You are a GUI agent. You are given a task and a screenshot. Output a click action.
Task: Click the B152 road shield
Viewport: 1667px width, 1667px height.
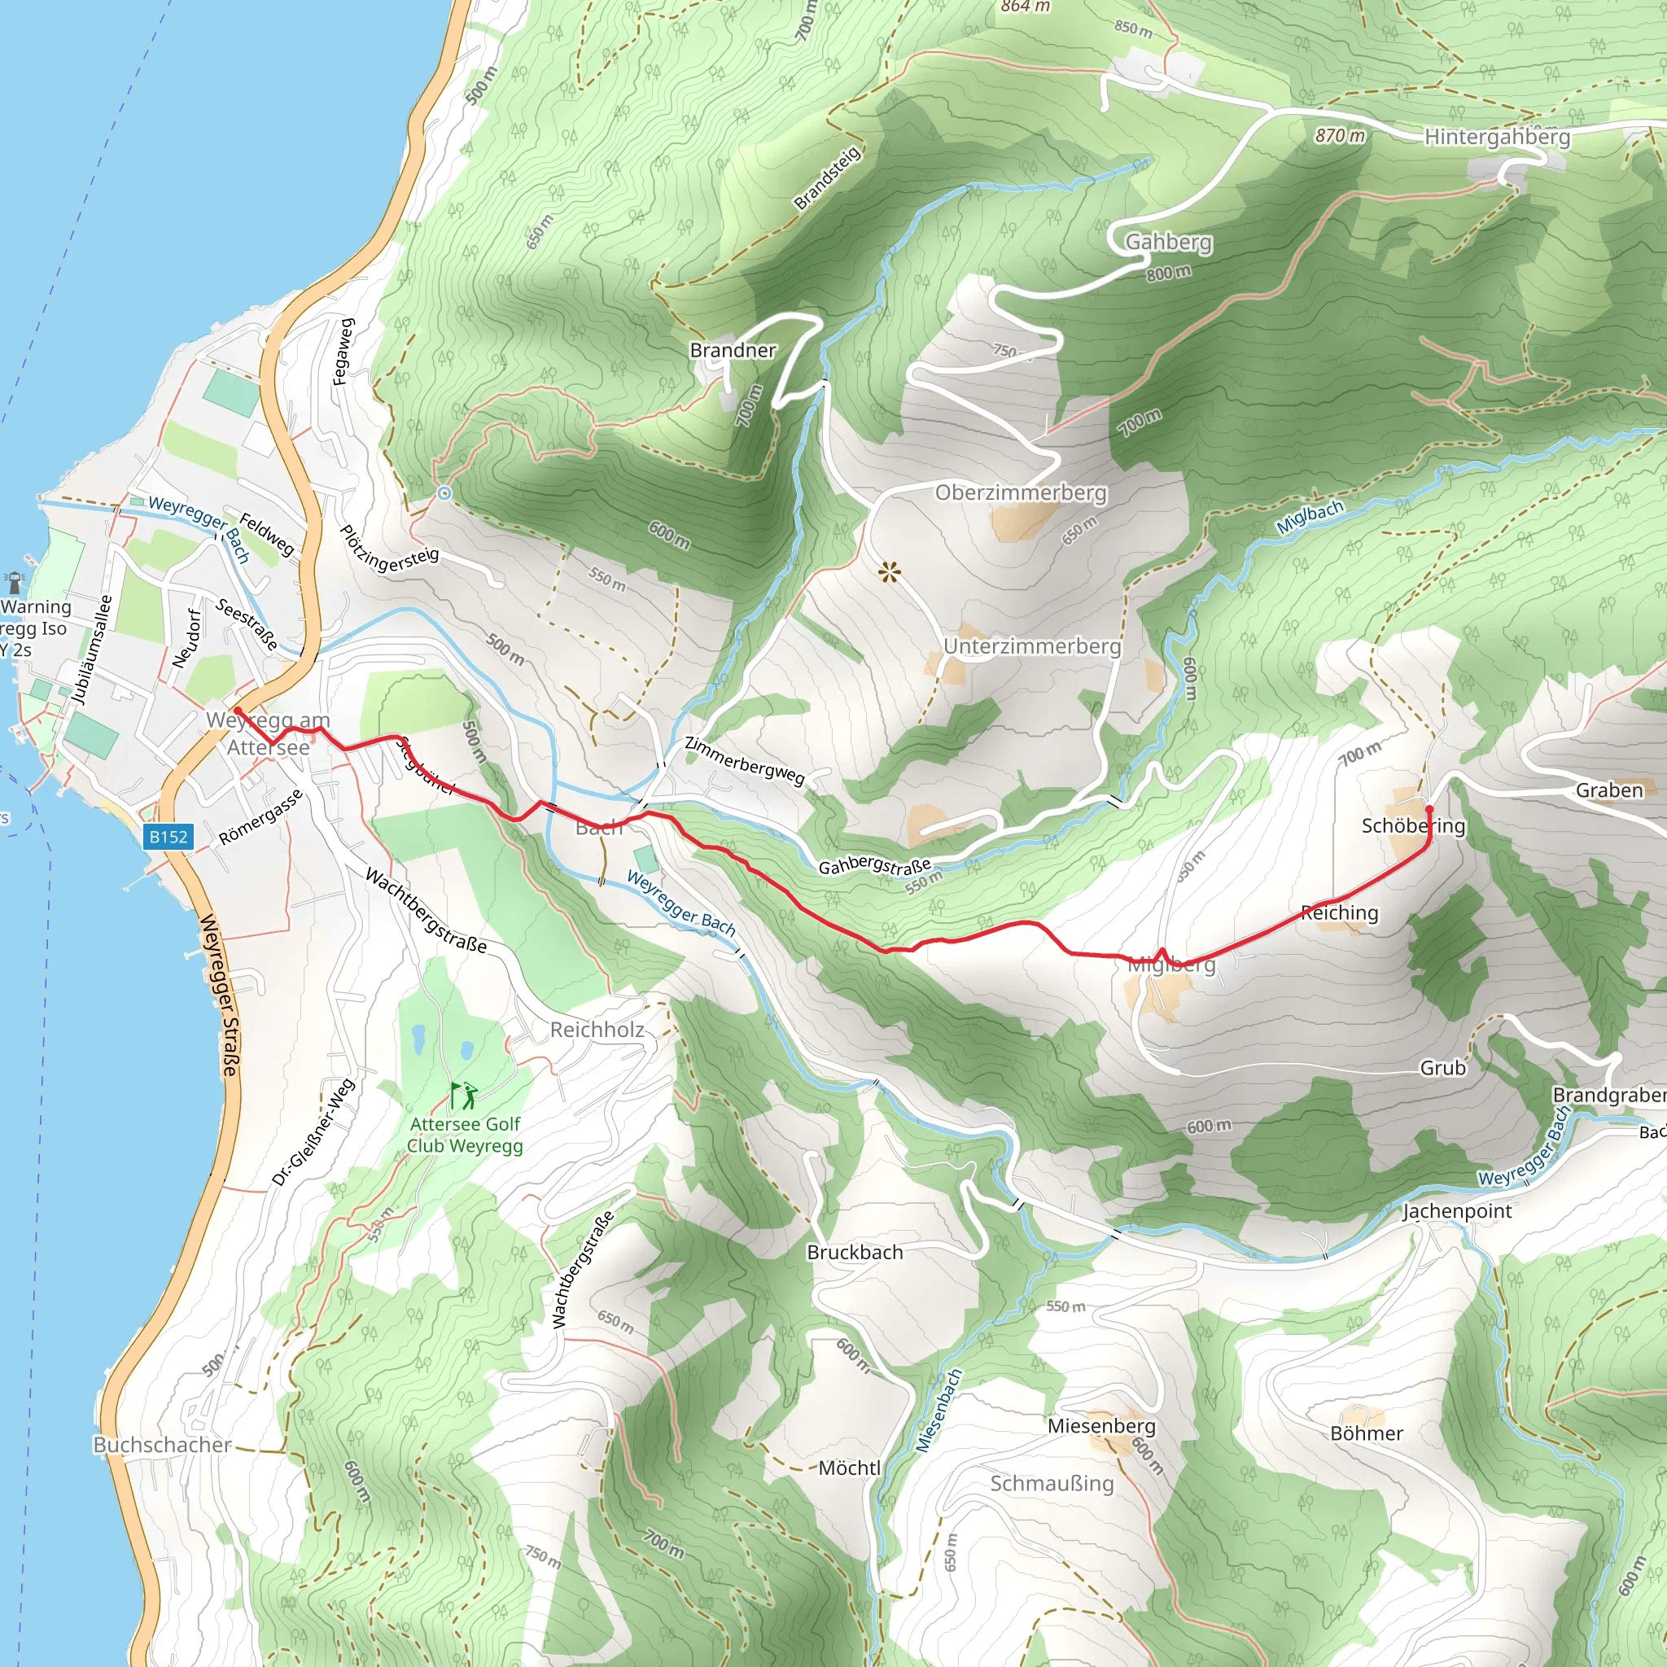168,836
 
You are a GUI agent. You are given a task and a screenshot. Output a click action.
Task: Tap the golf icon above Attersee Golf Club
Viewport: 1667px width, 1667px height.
463,1095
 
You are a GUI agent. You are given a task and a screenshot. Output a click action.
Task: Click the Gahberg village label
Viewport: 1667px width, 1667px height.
1168,242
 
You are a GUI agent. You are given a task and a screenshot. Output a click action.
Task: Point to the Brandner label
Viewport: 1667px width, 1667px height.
733,350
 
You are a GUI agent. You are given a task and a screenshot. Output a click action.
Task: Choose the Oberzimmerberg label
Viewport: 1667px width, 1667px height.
1020,492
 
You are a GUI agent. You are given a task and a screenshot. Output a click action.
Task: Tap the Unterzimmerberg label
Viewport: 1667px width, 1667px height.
1031,646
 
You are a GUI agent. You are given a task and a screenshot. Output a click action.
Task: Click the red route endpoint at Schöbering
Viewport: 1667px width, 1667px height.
1429,808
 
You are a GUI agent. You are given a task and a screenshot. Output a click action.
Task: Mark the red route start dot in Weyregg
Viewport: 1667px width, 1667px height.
238,711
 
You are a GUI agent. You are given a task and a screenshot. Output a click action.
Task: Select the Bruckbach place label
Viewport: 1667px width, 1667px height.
854,1252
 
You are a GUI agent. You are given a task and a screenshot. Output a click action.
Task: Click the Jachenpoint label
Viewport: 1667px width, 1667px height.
1456,1210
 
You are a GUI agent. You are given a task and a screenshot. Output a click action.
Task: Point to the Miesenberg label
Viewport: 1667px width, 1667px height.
1101,1426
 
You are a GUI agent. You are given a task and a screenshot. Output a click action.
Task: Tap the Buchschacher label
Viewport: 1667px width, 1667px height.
162,1445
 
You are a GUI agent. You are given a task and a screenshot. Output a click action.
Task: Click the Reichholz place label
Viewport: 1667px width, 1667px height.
597,1030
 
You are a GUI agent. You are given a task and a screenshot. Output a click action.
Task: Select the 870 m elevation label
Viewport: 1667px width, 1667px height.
1340,135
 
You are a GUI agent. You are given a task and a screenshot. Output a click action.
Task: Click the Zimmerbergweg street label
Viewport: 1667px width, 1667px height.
744,760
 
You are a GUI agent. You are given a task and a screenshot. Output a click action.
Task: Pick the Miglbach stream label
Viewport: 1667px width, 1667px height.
1309,516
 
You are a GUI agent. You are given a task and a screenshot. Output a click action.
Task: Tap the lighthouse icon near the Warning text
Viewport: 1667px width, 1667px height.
15,583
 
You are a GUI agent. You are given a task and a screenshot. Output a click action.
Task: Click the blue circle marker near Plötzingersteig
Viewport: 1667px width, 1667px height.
444,492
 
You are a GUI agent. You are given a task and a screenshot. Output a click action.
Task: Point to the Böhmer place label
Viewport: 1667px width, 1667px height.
1366,1433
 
